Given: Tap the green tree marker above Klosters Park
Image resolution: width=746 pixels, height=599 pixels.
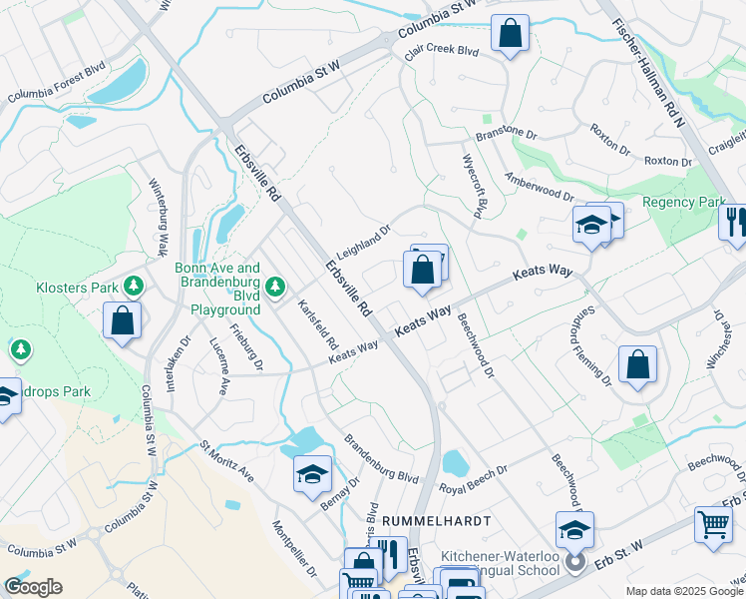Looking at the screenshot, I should tap(133, 287).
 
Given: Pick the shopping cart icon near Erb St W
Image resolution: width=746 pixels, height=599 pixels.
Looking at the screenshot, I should tap(713, 525).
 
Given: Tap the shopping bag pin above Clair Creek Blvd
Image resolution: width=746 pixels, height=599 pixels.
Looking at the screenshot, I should tap(510, 34).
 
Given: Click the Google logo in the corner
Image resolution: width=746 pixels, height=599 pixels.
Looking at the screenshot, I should tap(33, 586).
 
